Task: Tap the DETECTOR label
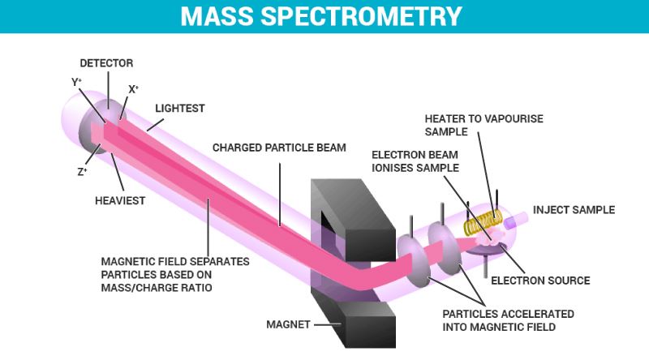106,62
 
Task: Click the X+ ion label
133,90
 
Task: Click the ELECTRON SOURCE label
540,281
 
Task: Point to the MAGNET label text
289,325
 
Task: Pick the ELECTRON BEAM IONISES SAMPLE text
417,161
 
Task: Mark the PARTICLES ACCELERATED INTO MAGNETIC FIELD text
504,320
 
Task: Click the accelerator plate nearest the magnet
413,259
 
